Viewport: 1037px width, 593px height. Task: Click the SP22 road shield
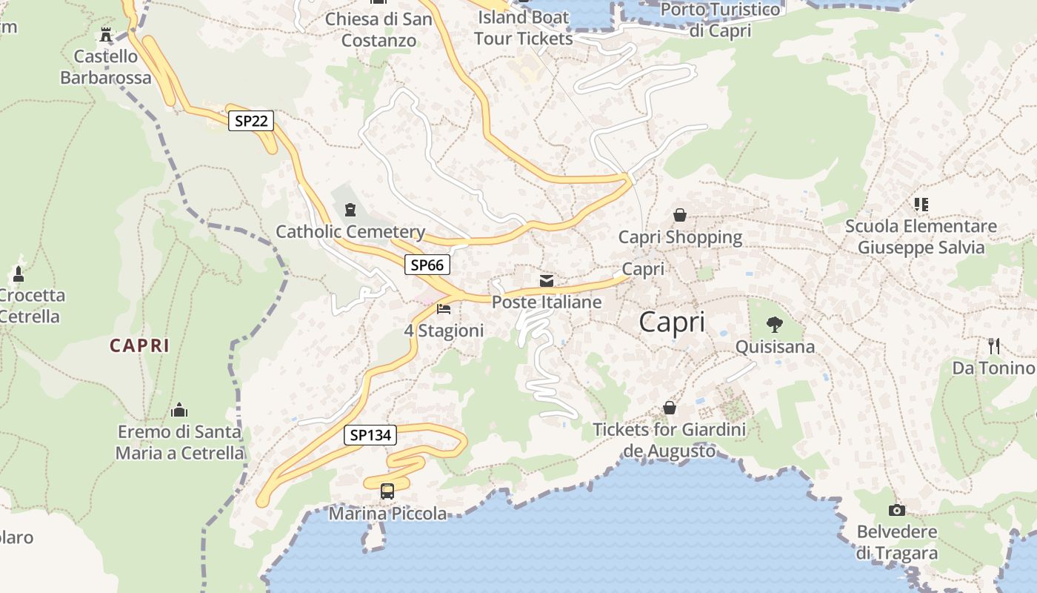(251, 120)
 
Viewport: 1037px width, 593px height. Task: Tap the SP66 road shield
(427, 265)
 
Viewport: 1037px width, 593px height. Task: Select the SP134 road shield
(370, 435)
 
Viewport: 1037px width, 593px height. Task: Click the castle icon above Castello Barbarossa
(106, 34)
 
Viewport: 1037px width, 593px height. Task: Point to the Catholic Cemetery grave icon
(350, 211)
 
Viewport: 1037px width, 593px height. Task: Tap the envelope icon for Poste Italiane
(547, 281)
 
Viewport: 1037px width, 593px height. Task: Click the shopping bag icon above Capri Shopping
(680, 215)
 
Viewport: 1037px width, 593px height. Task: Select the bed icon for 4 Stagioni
(444, 308)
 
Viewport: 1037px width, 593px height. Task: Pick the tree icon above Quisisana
(775, 325)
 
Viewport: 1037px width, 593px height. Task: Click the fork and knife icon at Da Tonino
(994, 345)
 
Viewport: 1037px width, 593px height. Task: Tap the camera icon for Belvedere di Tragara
(897, 510)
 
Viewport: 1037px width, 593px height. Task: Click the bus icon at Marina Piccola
(387, 491)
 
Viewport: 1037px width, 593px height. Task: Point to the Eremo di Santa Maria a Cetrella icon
(179, 410)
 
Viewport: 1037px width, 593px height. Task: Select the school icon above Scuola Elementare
(921, 204)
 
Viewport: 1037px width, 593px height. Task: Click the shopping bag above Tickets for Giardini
(670, 408)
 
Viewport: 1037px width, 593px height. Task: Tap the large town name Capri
(672, 322)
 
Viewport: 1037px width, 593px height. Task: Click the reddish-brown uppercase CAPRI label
(140, 345)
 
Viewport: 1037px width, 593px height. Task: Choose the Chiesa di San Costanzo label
(379, 30)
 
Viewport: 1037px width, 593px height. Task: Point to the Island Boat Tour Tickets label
(524, 27)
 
